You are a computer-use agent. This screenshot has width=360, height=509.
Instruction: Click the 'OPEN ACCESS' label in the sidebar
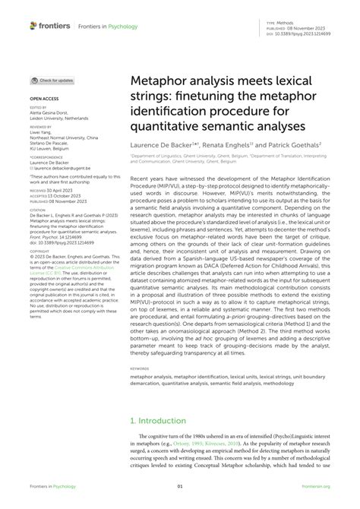coord(43,99)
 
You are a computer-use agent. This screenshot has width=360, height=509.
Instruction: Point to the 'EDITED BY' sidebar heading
coord(38,107)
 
